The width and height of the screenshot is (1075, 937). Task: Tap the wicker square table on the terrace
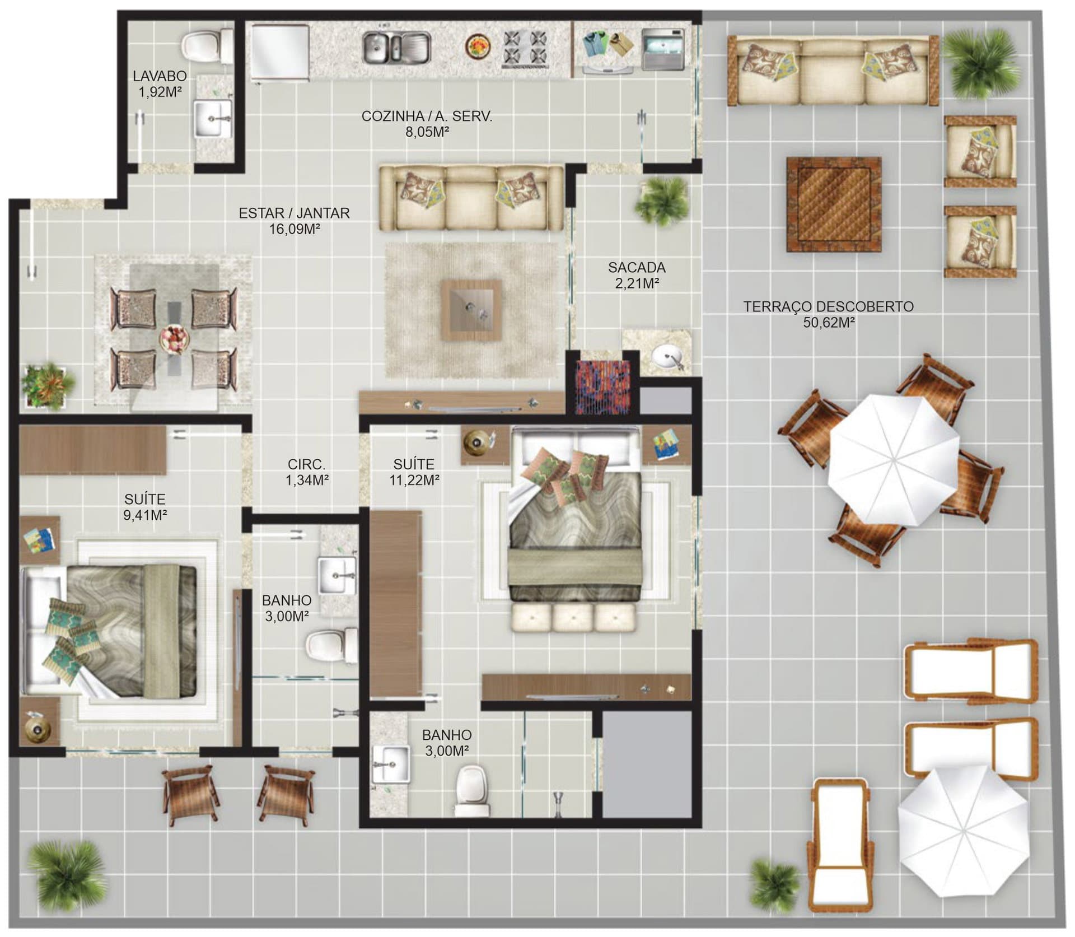point(834,205)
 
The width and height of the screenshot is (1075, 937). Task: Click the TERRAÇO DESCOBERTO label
point(828,307)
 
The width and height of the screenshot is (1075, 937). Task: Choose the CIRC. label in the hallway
point(306,464)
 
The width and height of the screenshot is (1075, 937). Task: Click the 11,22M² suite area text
point(414,480)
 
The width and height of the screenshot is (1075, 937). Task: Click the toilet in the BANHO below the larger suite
point(473,790)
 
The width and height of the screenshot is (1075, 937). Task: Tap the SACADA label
point(637,268)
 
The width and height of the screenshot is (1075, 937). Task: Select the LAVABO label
point(160,76)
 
